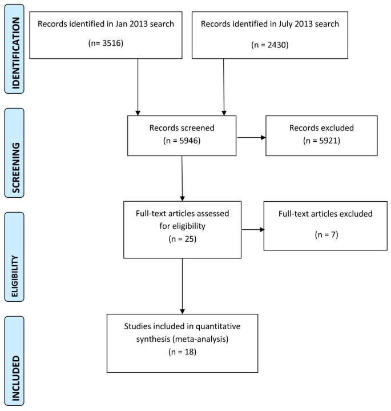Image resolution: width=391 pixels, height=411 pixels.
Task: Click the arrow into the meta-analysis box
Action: (182, 286)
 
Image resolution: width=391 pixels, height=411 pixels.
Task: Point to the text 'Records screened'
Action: (182, 127)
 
